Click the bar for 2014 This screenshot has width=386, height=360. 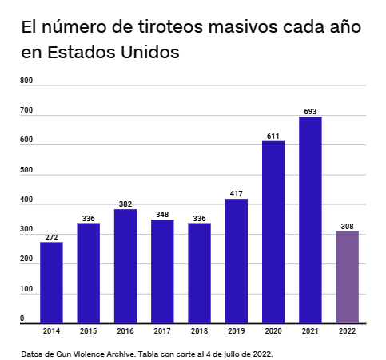pyautogui.click(x=51, y=282)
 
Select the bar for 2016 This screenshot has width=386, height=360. pyautogui.click(x=125, y=266)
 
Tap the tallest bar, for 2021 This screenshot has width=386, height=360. pyautogui.click(x=310, y=220)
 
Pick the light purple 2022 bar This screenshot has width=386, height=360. pyautogui.click(x=347, y=277)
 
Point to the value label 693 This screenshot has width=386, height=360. pyautogui.click(x=310, y=111)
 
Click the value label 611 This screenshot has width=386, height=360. pyautogui.click(x=273, y=136)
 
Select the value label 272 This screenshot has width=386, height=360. pyautogui.click(x=51, y=237)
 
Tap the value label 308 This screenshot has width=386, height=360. pyautogui.click(x=347, y=226)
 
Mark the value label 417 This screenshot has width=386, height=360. pyautogui.click(x=236, y=193)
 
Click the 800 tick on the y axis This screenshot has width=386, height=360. pyautogui.click(x=26, y=81)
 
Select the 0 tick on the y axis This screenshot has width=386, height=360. pyautogui.click(x=22, y=318)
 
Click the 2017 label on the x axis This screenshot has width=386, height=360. pyautogui.click(x=162, y=331)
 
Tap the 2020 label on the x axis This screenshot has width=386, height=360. pyautogui.click(x=273, y=331)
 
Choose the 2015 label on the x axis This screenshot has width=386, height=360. pyautogui.click(x=88, y=331)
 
